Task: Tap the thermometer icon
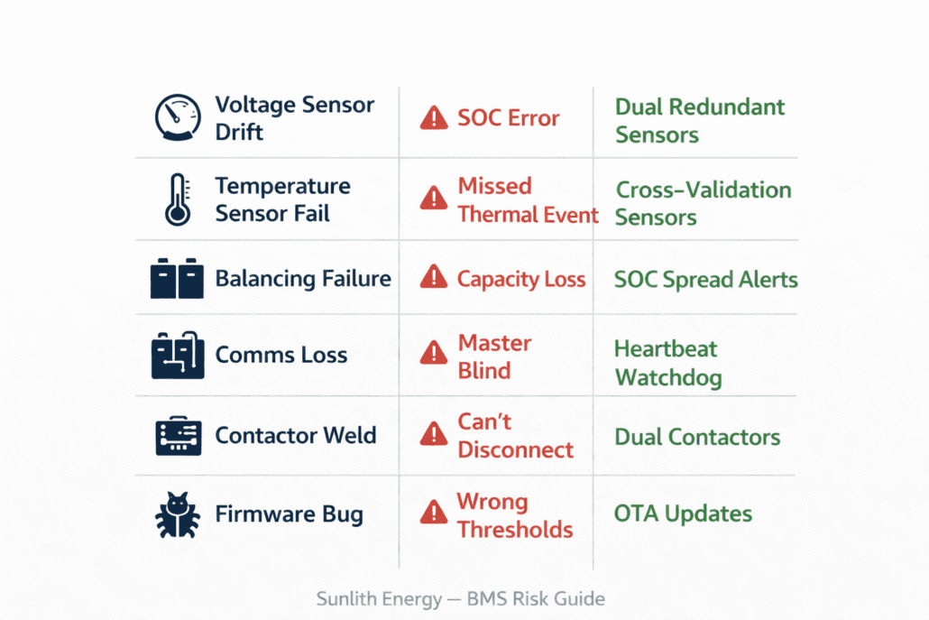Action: pos(178,199)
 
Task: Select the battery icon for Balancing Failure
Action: pos(177,279)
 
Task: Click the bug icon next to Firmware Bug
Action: pos(177,515)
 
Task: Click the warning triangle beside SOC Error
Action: pos(434,117)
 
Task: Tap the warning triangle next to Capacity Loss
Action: pos(434,278)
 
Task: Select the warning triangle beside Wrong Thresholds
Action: pos(434,514)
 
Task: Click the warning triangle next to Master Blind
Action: pos(434,354)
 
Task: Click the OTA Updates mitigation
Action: pos(683,514)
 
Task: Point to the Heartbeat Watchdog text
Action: pos(667,363)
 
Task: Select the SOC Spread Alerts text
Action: pos(705,280)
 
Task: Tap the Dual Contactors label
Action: pos(697,438)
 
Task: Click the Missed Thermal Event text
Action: pos(528,200)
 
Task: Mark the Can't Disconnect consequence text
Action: pos(515,437)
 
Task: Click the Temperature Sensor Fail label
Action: pos(282,199)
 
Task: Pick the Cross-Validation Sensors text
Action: pos(703,204)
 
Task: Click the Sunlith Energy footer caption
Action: pos(461,599)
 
